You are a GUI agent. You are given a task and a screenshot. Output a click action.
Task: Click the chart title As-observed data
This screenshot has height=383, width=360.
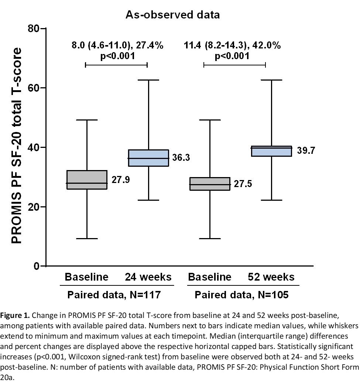(x=173, y=15)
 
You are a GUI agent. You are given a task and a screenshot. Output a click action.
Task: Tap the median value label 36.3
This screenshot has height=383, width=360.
(x=181, y=158)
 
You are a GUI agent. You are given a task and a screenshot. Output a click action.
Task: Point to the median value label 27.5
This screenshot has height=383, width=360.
(x=243, y=184)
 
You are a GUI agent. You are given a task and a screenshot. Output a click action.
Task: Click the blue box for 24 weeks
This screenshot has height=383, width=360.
(x=148, y=158)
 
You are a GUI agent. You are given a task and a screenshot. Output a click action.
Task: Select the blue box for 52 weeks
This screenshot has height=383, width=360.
(x=271, y=151)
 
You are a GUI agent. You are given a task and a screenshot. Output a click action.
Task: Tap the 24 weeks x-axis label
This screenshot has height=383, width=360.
(x=148, y=277)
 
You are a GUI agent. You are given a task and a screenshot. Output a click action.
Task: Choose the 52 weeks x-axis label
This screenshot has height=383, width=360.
(x=271, y=277)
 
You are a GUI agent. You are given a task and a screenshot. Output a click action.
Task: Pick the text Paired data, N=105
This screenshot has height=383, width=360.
(x=241, y=295)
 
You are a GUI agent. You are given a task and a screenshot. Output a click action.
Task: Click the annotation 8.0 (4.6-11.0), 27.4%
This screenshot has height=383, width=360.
(x=117, y=46)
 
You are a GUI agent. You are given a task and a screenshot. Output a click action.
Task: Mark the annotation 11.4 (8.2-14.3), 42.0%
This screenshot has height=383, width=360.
(x=232, y=46)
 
